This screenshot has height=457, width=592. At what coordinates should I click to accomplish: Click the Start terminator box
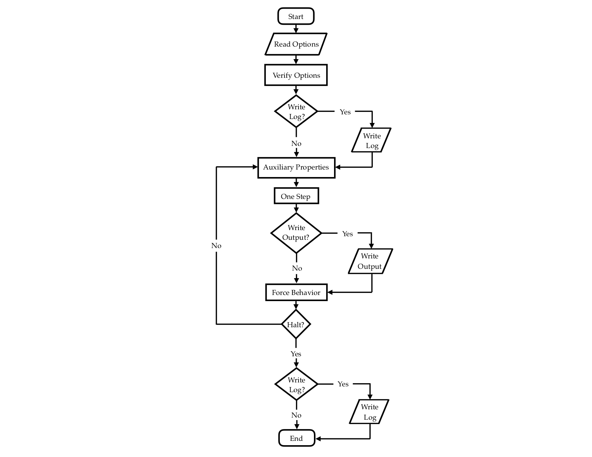point(296,16)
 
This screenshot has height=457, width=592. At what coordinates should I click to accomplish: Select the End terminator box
point(296,438)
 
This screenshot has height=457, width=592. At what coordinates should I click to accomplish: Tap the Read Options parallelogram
point(296,44)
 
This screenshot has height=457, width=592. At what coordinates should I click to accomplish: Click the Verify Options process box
point(296,75)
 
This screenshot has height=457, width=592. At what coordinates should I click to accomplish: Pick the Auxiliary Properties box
point(296,167)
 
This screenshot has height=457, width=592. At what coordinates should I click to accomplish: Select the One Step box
point(296,196)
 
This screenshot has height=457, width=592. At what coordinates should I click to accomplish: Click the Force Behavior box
point(296,292)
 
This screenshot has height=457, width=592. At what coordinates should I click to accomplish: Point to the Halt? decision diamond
point(296,324)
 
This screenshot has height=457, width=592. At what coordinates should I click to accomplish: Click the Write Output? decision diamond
point(296,233)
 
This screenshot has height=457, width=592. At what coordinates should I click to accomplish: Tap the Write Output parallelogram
point(370,261)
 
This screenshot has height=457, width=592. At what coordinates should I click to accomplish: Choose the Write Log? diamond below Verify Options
point(296,111)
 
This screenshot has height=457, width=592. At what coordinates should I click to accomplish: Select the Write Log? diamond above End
point(296,385)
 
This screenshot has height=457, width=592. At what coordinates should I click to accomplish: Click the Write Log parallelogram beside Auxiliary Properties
point(372,141)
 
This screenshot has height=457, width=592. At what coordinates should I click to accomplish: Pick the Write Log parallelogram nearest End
point(370,412)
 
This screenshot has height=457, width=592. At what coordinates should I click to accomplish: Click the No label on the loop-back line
point(216,246)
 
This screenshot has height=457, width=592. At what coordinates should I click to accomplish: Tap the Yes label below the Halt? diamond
point(296,354)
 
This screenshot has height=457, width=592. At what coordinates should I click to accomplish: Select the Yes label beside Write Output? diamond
point(347,234)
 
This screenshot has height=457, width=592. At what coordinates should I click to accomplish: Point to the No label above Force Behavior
point(297,268)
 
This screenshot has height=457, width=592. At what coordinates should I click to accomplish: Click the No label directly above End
point(296,415)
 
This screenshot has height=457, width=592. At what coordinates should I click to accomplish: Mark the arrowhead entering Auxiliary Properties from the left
point(255,167)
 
